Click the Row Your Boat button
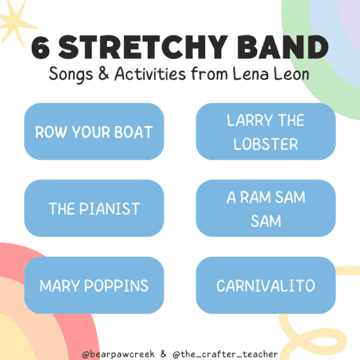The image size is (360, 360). click(x=94, y=131)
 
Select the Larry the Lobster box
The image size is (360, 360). click(x=266, y=131)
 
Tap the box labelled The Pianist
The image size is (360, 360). click(x=94, y=208)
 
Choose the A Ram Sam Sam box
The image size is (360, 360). click(x=266, y=208)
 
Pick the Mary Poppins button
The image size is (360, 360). click(x=94, y=285)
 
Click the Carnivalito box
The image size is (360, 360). click(x=266, y=285)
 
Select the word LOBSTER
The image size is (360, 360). click(x=266, y=144)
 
